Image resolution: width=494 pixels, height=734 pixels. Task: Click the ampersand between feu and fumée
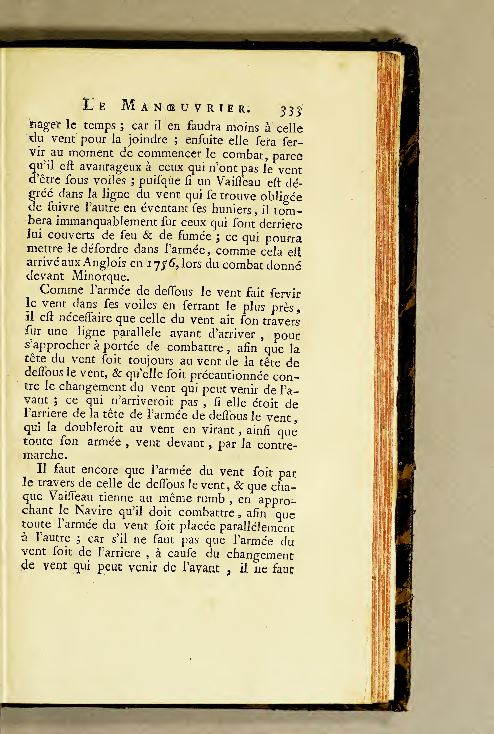pyautogui.click(x=147, y=235)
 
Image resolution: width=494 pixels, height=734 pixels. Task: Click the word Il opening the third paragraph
pyautogui.click(x=42, y=468)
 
